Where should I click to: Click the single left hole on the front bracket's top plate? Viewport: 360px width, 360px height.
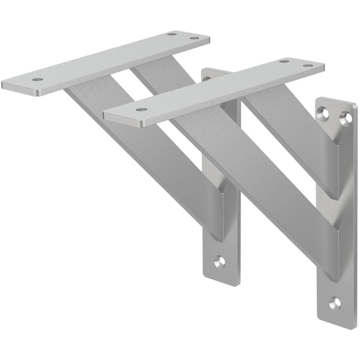coord(141,109)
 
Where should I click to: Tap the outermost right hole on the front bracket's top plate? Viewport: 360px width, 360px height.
coord(308,66)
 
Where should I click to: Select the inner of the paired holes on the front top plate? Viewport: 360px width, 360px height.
coord(284,61)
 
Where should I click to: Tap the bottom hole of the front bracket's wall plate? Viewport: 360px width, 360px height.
coord(334,303)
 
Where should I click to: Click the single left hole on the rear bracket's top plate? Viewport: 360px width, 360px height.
coord(38,80)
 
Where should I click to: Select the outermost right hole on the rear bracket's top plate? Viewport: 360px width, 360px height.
coord(194,38)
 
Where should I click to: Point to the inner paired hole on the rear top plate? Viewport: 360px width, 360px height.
coord(171,34)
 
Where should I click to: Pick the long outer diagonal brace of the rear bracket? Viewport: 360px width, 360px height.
coord(144,153)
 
